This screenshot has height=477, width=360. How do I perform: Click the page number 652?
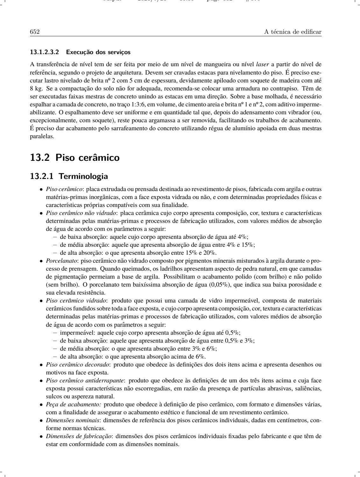coord(34,32)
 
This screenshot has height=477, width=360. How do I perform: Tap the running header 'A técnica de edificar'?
coord(293,32)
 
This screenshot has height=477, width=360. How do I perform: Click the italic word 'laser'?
coord(262,64)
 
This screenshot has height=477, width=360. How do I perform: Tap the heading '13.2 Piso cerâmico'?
coord(75,157)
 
